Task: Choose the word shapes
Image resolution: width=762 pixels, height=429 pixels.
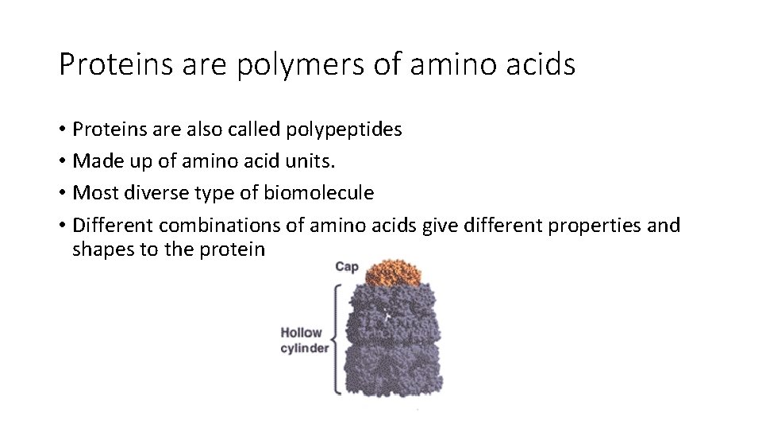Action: [x=100, y=249]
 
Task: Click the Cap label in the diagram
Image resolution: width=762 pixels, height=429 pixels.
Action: [x=347, y=267]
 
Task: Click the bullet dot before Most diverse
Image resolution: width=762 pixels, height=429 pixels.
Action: [x=62, y=194]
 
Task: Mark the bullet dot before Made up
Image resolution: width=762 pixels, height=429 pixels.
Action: [x=62, y=162]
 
